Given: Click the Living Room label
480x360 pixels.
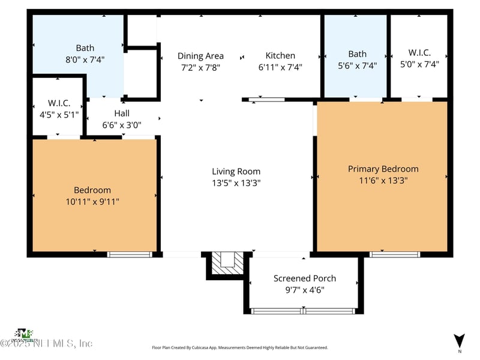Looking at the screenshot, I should click(236, 172).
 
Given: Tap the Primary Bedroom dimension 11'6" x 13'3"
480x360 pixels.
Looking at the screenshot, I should click(383, 180).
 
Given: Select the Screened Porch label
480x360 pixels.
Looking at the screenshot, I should click(305, 278).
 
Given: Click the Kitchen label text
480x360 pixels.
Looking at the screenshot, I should click(280, 56).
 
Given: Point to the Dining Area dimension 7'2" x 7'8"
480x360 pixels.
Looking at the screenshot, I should click(200, 67).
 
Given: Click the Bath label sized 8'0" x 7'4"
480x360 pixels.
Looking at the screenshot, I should click(85, 48).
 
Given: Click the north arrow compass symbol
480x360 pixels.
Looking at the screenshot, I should click(460, 340).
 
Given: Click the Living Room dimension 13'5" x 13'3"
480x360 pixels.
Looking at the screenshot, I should click(236, 183).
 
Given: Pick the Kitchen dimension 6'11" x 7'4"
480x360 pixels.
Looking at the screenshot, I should click(280, 67).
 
